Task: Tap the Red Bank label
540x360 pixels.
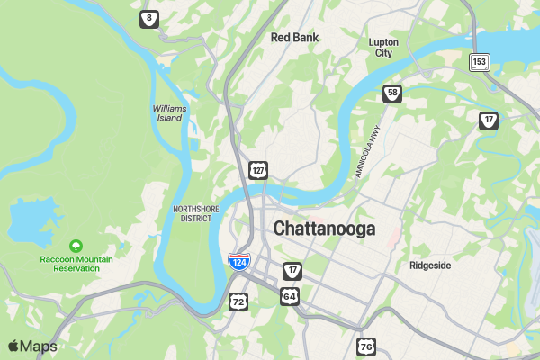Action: pos(294,38)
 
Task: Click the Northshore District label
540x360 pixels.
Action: pos(196,213)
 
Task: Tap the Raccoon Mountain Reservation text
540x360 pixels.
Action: pos(76,264)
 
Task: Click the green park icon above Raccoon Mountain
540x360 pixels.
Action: pos(76,245)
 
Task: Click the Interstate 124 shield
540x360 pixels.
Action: pos(238,262)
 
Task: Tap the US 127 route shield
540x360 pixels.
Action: pos(258,169)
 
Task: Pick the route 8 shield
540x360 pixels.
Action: pos(148,18)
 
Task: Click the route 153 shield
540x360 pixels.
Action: pos(480,61)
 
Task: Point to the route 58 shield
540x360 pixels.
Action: pos(391,93)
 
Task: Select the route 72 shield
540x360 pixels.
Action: pos(238,301)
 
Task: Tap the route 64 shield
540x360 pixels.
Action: pos(289,295)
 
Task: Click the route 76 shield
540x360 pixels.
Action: pos(365,346)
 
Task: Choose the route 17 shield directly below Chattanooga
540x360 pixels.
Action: pos(292,271)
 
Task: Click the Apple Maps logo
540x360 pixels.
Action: pos(32,346)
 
